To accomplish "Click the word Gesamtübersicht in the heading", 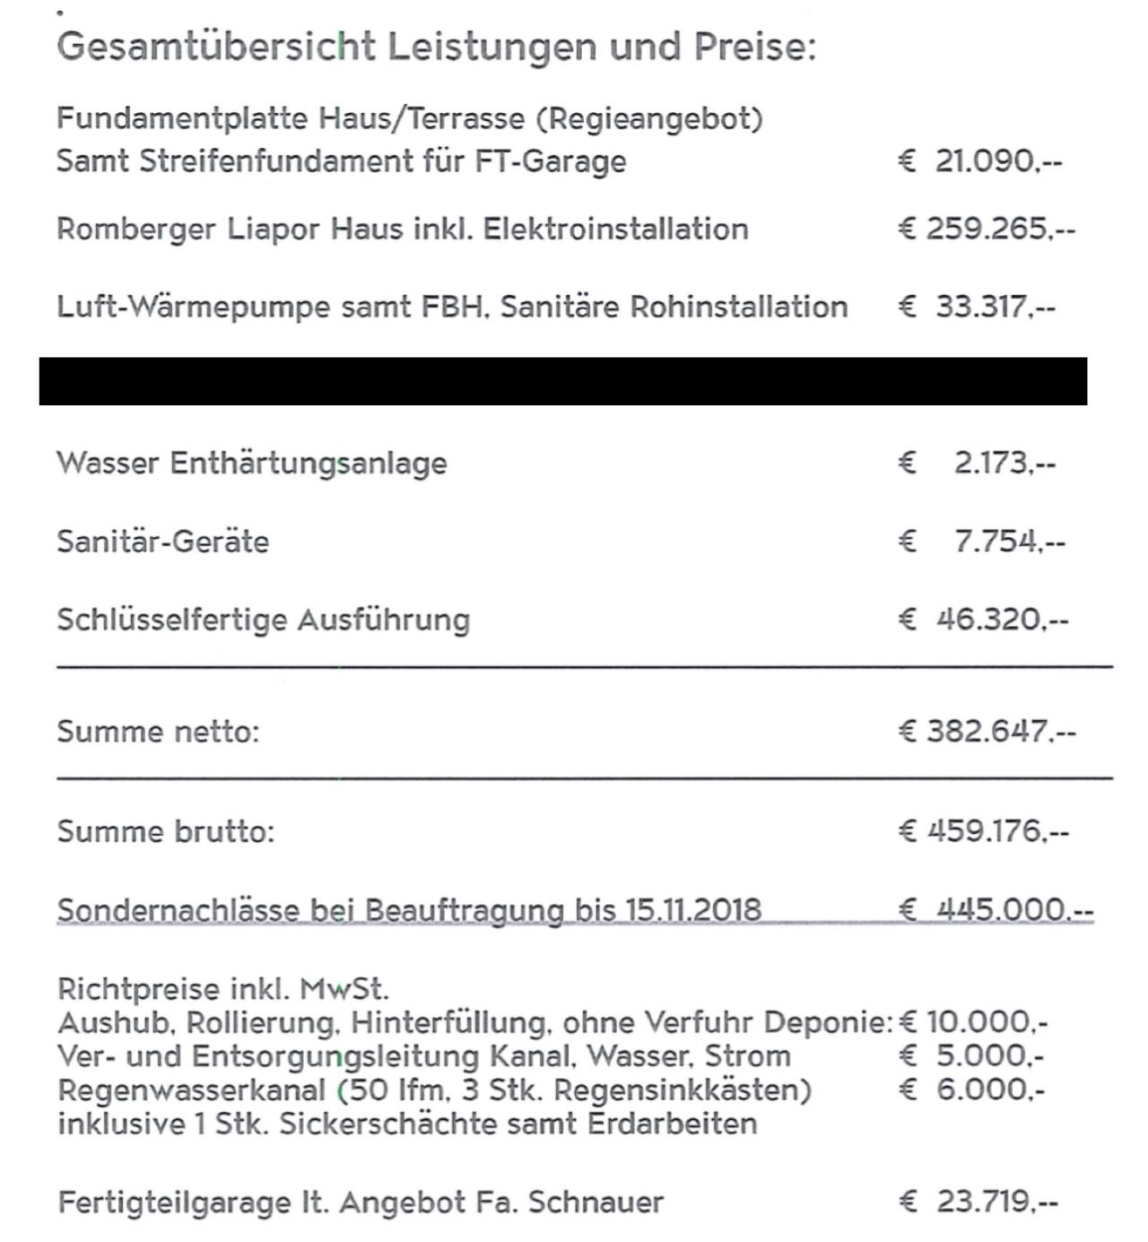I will click(x=215, y=47).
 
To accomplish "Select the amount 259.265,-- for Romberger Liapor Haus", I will click(x=1000, y=230).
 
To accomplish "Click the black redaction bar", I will click(x=563, y=381).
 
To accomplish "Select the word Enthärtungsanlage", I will click(x=308, y=464).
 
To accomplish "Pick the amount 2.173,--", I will click(x=1004, y=464).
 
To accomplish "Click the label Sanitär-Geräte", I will click(x=162, y=542).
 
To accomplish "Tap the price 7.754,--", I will click(x=1009, y=542).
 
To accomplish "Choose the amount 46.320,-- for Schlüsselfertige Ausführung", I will click(x=1002, y=620).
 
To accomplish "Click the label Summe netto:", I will click(x=158, y=732).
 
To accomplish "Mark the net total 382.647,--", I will click(x=1000, y=732).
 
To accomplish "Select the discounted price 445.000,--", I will click(x=1014, y=910).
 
